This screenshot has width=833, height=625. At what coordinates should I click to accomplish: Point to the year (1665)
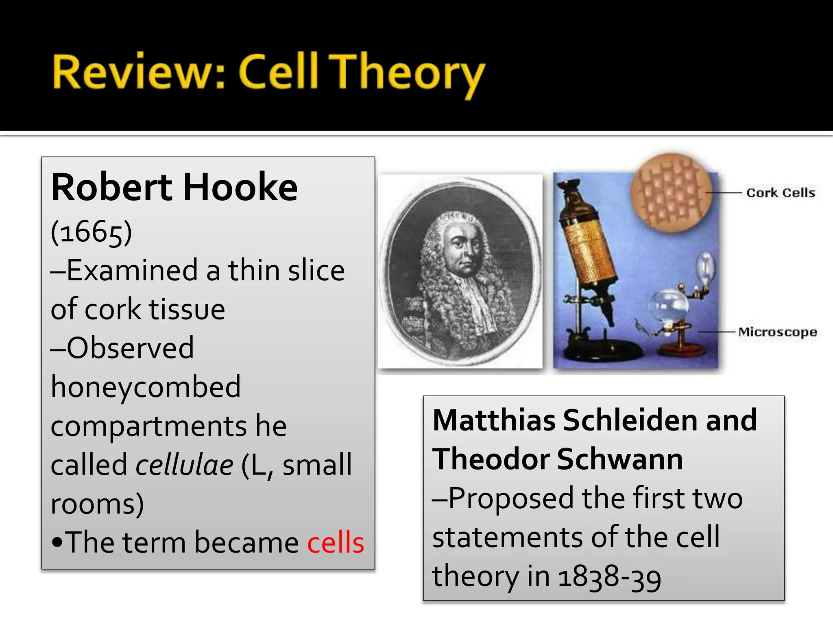pos(91,232)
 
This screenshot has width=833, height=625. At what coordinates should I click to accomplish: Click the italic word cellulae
pos(184,465)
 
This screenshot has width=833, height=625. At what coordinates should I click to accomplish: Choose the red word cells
pos(336,542)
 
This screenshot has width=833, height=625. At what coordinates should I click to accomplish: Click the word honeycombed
pos(146,387)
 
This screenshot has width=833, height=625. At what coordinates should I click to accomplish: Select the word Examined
pos(132,270)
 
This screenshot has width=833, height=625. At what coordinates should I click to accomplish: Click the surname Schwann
pos(619,459)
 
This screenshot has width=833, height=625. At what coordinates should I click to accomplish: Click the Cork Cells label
pos(781,192)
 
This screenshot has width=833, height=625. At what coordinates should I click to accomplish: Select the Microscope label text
pos(778,332)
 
